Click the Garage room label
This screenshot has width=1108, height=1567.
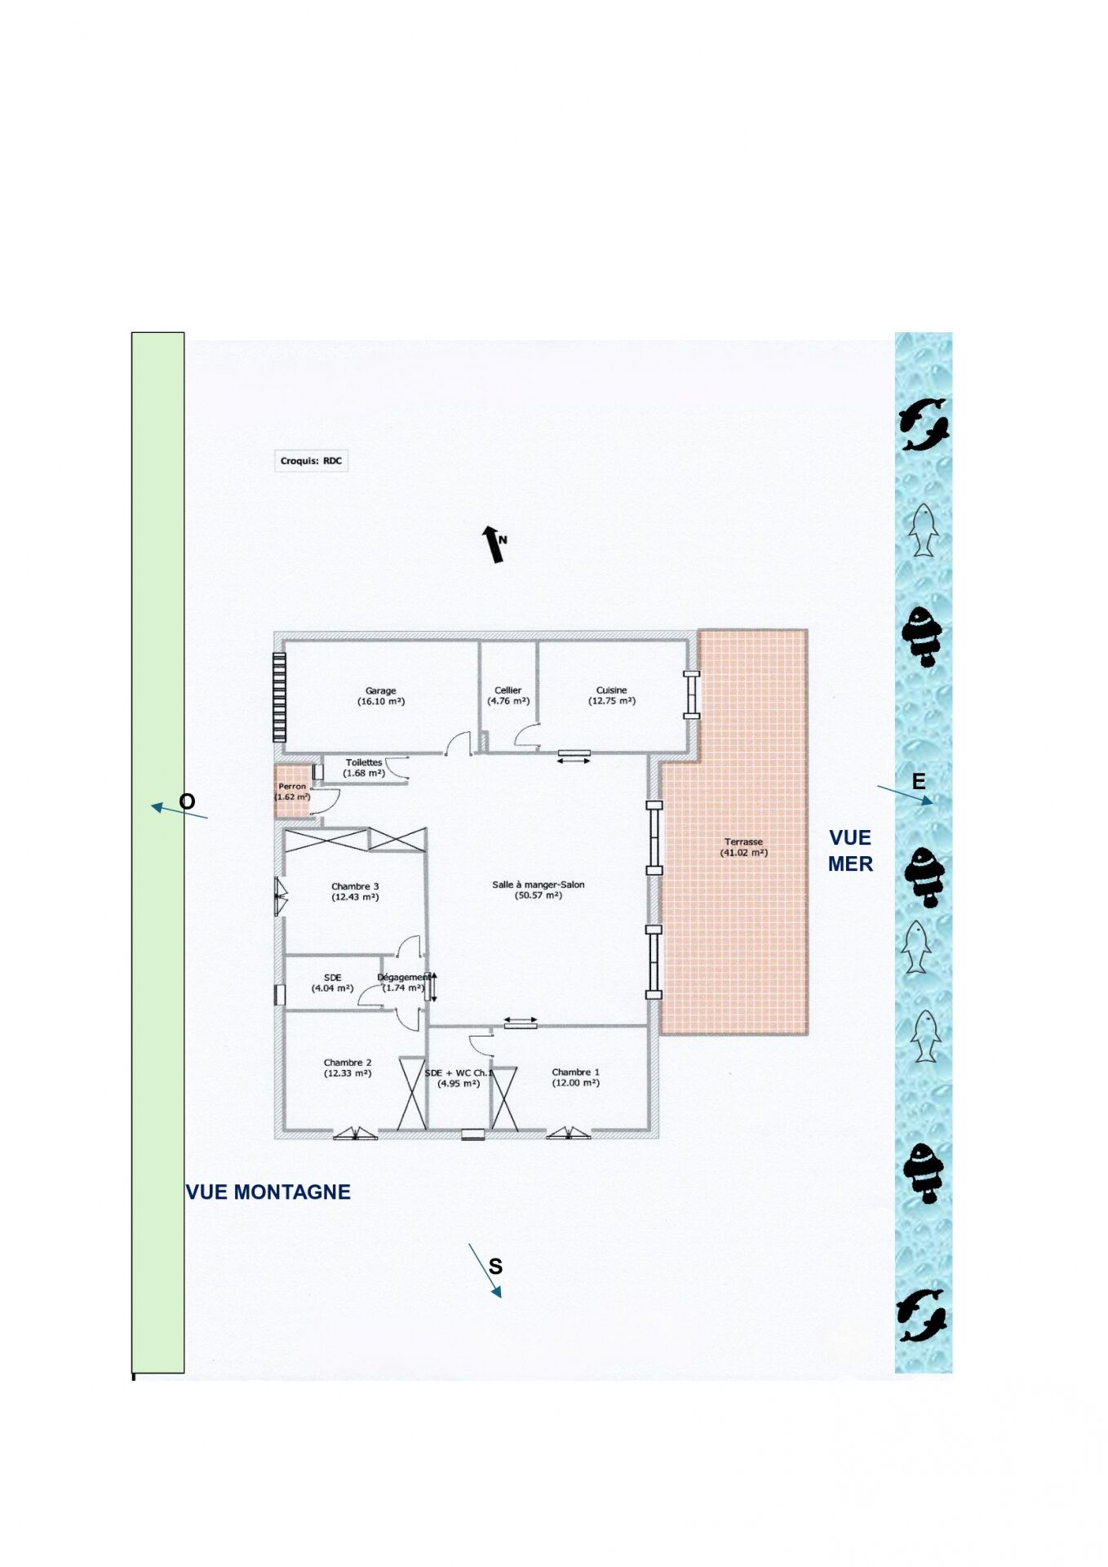[x=381, y=690]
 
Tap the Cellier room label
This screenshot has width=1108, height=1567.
[x=507, y=690]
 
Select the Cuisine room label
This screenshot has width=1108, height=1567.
[x=611, y=690]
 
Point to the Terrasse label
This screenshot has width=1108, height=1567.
[x=743, y=841]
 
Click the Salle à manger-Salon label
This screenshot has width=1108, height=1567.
[x=538, y=885]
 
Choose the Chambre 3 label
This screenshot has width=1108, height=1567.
[x=355, y=886]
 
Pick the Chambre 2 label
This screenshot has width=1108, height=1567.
[x=348, y=1063]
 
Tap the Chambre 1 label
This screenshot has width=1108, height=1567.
[x=575, y=1072]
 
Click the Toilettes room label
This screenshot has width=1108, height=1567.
[x=364, y=762]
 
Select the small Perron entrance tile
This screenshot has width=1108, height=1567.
[x=293, y=791]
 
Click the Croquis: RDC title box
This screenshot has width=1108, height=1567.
[x=312, y=461]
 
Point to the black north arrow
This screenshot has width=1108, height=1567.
[x=493, y=544]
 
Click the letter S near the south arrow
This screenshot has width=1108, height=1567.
[x=495, y=1267]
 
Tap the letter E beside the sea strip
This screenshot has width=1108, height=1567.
[x=919, y=782]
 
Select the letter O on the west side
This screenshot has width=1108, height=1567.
[x=187, y=801]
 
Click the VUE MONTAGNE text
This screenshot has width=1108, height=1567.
[x=268, y=1192]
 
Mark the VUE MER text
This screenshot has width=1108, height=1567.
[x=850, y=850]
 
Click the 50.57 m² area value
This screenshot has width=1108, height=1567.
[x=538, y=895]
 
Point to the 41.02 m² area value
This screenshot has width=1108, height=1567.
[x=743, y=853]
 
